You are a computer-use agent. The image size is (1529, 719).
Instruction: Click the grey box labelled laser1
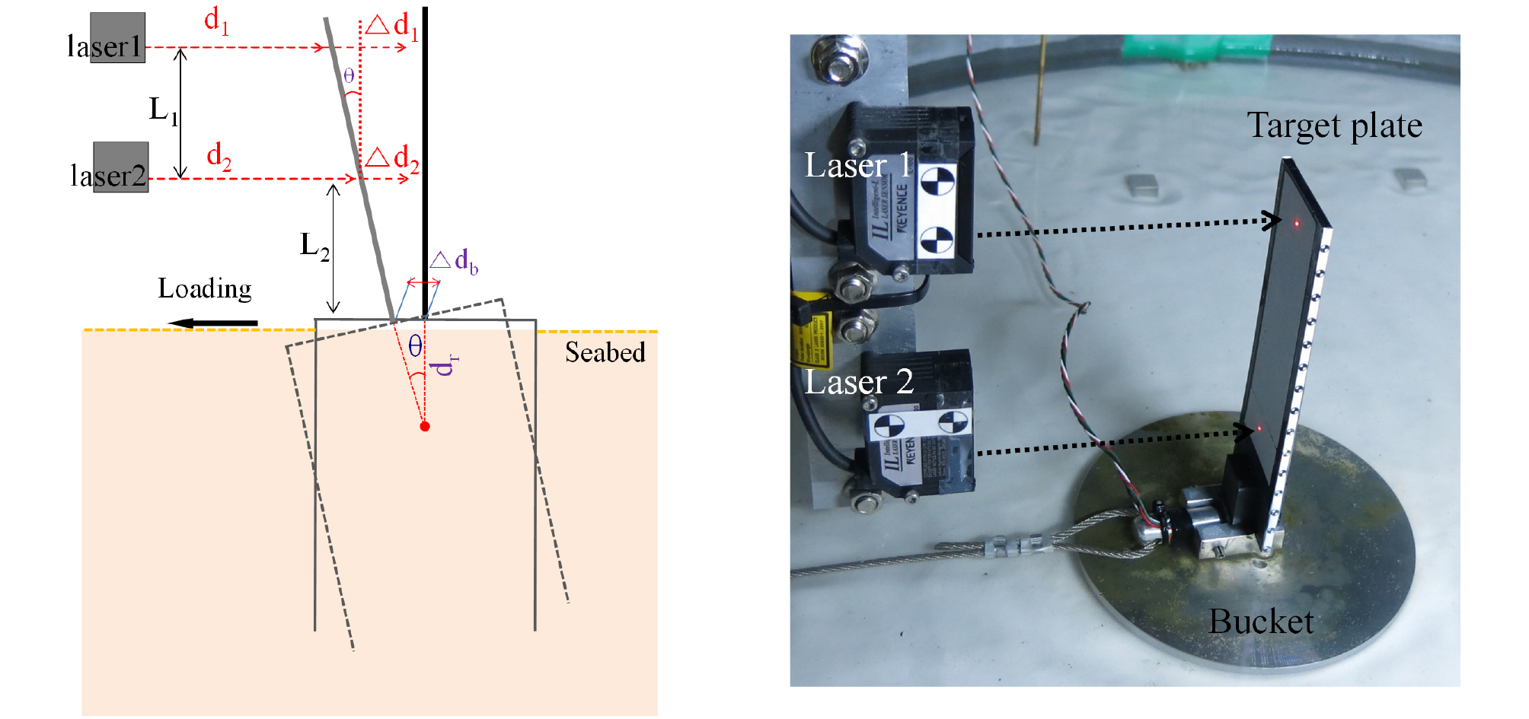(x=117, y=37)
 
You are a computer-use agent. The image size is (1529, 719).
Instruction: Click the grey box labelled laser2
(x=120, y=167)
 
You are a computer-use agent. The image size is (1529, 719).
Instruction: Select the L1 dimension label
(x=163, y=111)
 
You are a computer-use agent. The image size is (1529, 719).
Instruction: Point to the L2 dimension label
(x=314, y=246)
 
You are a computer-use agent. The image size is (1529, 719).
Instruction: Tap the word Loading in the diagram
(x=204, y=289)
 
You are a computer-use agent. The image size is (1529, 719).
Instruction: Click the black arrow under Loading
(x=213, y=323)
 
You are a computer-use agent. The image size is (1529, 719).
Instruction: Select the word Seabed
(x=605, y=352)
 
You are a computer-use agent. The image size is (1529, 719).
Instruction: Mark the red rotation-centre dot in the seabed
(x=425, y=426)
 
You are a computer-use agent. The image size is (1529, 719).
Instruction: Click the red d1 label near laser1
(x=216, y=21)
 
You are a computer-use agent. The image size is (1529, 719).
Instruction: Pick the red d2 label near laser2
(x=219, y=156)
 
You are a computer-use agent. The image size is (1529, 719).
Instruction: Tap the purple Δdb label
(x=454, y=262)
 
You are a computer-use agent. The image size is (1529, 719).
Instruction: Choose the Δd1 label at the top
(x=391, y=26)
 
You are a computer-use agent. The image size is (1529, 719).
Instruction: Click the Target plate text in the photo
(x=1334, y=126)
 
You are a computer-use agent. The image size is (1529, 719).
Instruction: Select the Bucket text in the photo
(x=1261, y=622)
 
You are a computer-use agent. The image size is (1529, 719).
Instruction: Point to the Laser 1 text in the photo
(x=857, y=165)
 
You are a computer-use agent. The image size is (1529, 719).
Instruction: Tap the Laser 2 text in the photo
(x=859, y=382)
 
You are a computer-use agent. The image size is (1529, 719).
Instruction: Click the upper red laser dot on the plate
(x=1296, y=222)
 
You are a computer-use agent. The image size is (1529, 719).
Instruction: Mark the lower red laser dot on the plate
(x=1259, y=429)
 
